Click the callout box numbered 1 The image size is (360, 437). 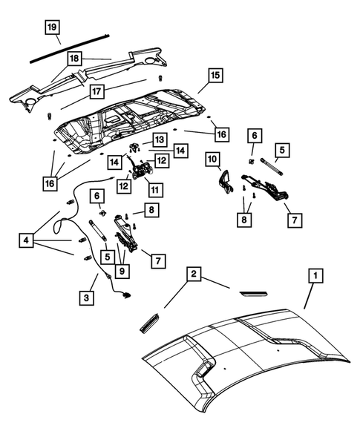pyautogui.click(x=315, y=277)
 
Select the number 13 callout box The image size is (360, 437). pyautogui.click(x=160, y=140)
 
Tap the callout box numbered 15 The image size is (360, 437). pyautogui.click(x=215, y=76)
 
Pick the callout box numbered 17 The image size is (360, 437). pyautogui.click(x=97, y=92)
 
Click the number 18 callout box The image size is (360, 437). pyautogui.click(x=75, y=57)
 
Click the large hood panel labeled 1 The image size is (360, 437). pyautogui.click(x=252, y=356)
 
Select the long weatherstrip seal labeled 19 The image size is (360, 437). pyautogui.click(x=71, y=47)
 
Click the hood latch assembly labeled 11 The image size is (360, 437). pyautogui.click(x=140, y=172)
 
